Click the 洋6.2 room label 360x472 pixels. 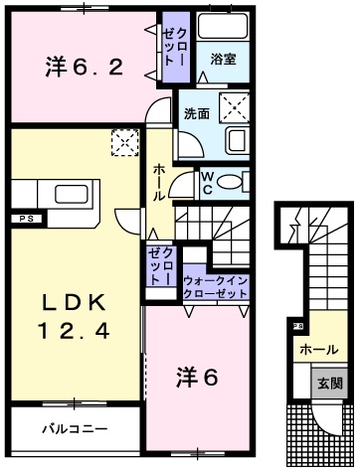coord(84,68)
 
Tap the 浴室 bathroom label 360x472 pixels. coord(222,60)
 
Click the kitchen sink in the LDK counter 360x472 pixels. coord(69,193)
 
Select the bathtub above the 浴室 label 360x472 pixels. coord(223,27)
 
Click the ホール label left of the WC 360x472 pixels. coord(158,185)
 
